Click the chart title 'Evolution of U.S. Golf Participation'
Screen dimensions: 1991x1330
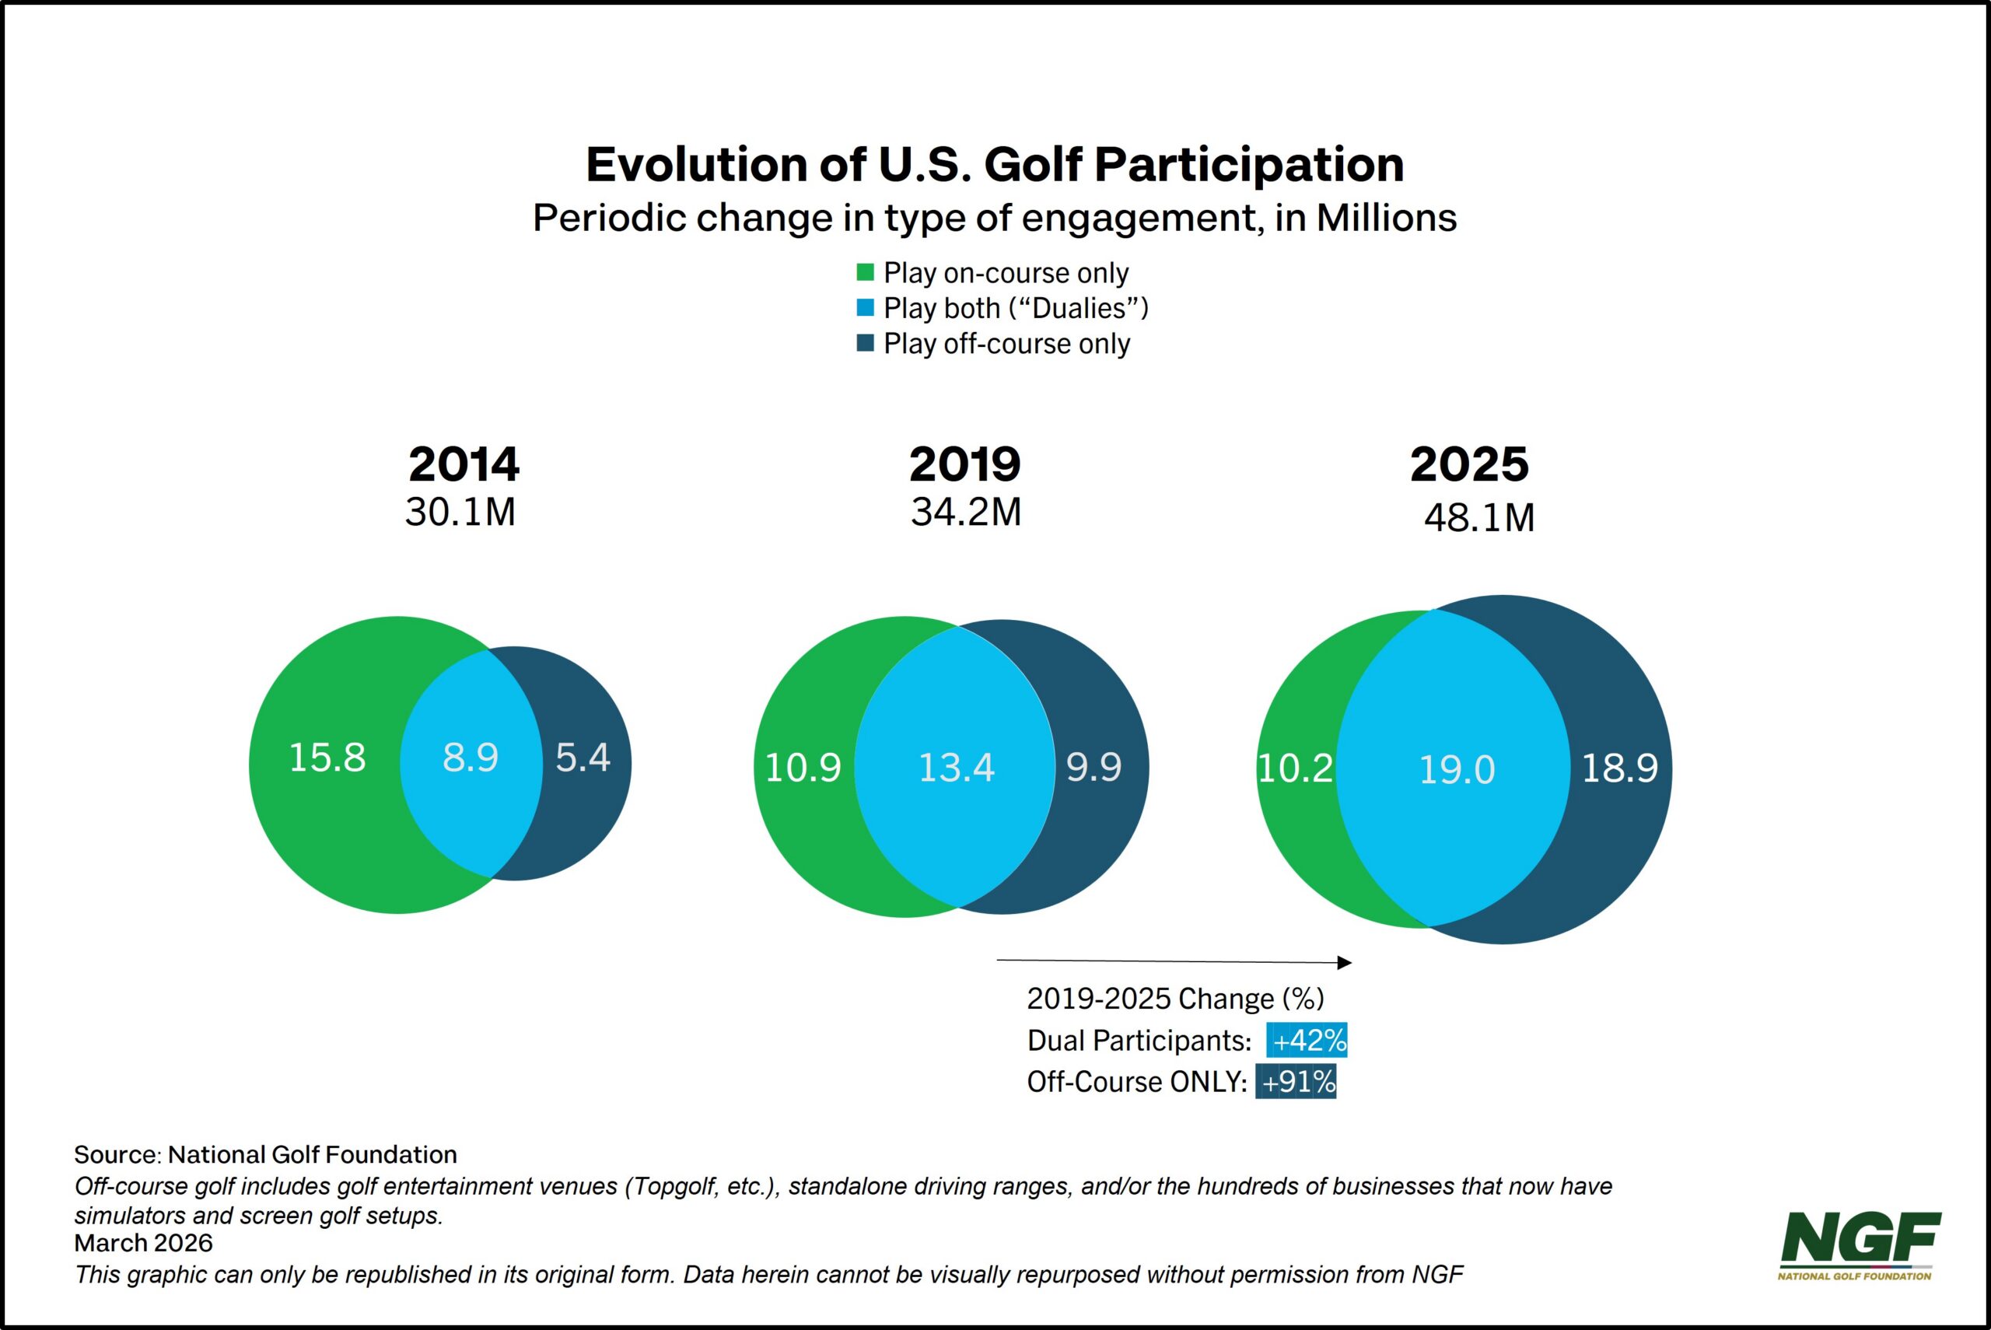click(995, 165)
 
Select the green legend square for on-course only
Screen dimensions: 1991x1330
click(865, 272)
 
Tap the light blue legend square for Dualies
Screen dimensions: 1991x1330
click(865, 308)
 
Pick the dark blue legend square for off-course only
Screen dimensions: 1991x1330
click(865, 344)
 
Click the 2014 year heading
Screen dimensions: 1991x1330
click(464, 464)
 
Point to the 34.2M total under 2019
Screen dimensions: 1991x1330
click(966, 513)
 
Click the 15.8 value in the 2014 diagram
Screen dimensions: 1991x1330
click(327, 758)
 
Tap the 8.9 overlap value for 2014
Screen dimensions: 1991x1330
click(471, 758)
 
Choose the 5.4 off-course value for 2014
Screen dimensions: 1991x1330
click(583, 758)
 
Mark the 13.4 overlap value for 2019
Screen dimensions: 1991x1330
click(957, 768)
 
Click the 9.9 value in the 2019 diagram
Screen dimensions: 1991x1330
click(1093, 768)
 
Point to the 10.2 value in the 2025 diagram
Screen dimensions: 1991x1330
click(1295, 768)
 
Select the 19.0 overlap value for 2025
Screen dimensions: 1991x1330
click(1457, 770)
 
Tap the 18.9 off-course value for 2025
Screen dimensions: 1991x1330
click(1619, 768)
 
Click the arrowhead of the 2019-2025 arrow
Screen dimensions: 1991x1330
click(1345, 962)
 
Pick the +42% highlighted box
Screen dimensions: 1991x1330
click(1307, 1040)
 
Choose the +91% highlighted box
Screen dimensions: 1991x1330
click(1296, 1081)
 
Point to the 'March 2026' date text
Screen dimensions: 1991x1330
click(143, 1243)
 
